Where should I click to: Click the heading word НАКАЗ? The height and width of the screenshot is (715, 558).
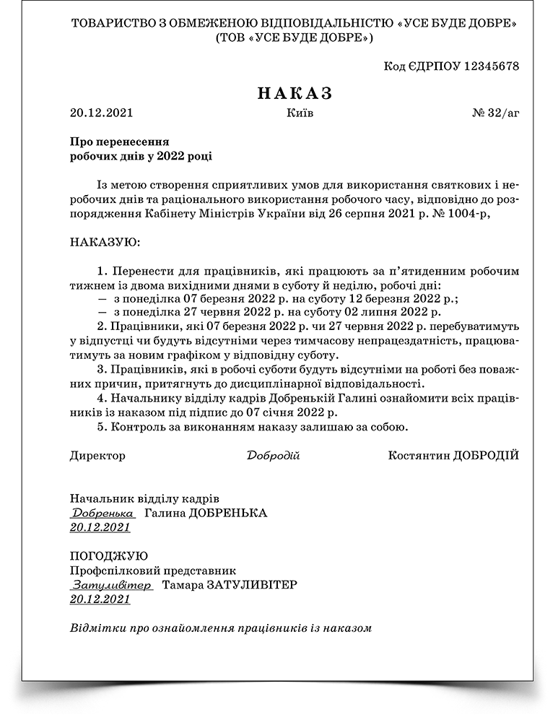295,93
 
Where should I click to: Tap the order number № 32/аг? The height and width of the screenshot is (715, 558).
495,113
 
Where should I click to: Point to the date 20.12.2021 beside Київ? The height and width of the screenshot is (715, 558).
101,113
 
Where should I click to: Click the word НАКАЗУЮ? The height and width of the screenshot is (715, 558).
105,240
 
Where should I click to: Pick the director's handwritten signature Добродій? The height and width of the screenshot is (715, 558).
273,456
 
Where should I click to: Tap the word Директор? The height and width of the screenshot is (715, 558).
97,456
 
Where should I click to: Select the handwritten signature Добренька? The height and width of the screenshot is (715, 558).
103,513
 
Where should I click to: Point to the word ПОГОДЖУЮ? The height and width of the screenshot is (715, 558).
109,556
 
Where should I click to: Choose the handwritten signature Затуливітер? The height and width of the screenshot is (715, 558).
111,584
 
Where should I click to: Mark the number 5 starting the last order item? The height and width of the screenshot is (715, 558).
100,427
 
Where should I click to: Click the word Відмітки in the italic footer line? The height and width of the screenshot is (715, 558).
92,628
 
